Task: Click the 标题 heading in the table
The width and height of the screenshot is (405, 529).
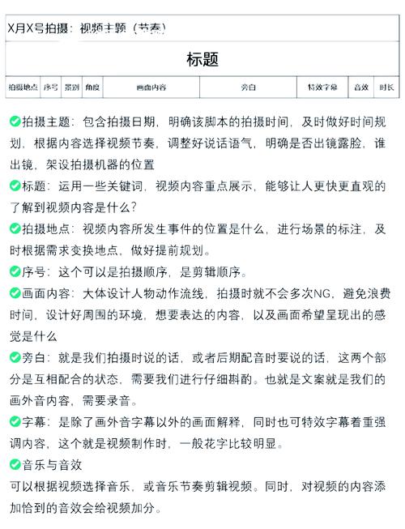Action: tap(202, 59)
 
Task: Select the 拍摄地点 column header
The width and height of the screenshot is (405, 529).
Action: tap(23, 87)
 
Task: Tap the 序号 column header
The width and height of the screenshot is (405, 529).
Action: tap(51, 87)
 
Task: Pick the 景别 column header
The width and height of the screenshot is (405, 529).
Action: tap(72, 87)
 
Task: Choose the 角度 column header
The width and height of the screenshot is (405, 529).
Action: tap(92, 87)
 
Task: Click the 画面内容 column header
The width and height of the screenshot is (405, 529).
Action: tap(151, 87)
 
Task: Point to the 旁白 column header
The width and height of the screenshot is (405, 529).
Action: tap(249, 87)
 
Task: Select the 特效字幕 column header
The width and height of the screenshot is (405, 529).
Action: tap(322, 87)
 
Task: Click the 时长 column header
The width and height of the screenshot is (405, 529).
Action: tap(386, 87)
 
